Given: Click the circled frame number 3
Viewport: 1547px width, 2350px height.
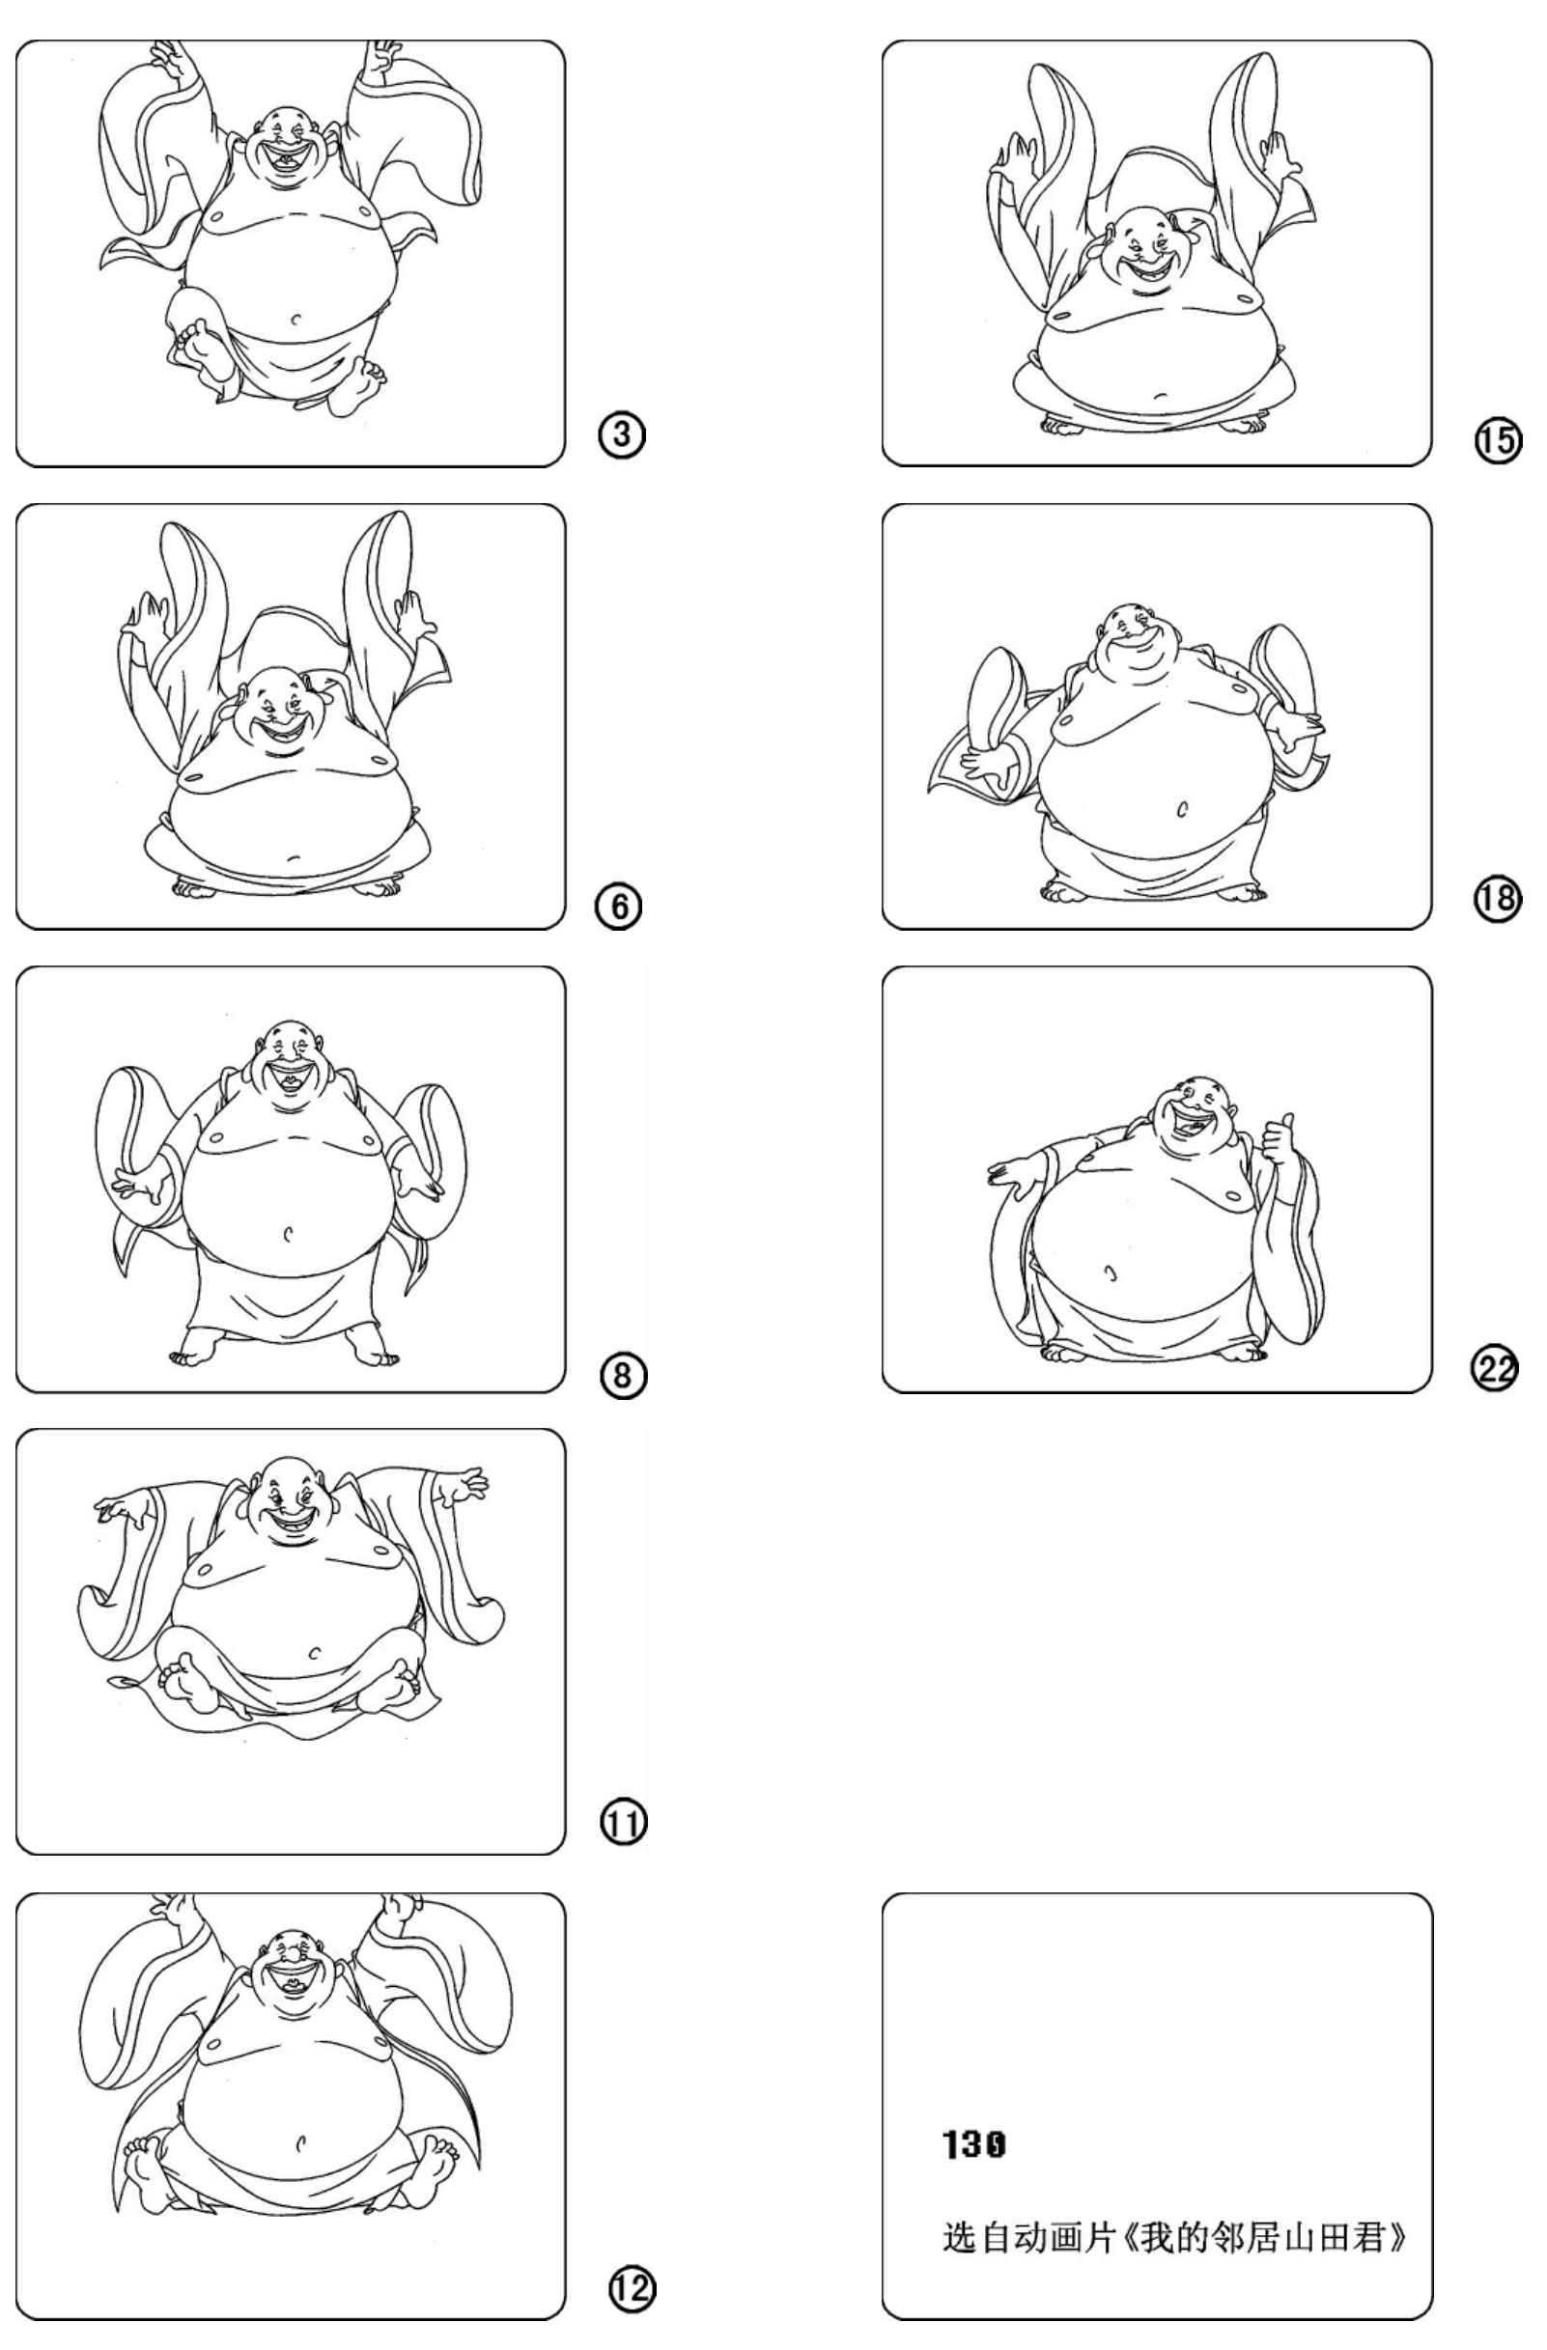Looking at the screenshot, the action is coord(622,434).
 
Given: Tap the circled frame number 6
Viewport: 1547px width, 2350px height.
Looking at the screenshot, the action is coord(619,908).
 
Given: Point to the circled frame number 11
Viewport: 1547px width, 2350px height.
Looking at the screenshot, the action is coord(625,1823).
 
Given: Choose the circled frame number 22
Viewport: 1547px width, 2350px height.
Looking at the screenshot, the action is coord(1496,1369).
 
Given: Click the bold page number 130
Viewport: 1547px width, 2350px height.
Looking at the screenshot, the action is coord(974,2144).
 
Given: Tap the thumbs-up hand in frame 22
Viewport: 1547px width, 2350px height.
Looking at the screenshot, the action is coord(1281,1141).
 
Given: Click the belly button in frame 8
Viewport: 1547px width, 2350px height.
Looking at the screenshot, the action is coord(288,1232).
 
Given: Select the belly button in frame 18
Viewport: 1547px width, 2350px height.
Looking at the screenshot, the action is coord(1183,810).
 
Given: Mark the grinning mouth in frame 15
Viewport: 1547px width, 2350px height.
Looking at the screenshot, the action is coord(1148,270).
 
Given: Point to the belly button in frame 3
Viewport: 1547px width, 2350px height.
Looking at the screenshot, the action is coord(296,319).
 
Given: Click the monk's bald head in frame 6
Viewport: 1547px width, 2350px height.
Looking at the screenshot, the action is coord(270,688).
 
